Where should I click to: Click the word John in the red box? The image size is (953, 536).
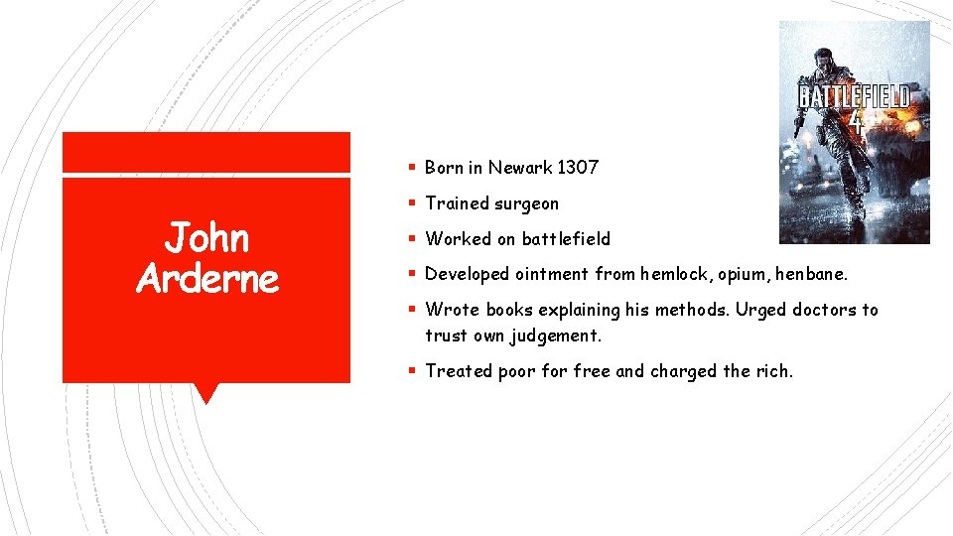click(206, 238)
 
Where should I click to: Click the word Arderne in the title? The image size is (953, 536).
click(206, 279)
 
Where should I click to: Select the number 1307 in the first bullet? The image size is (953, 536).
click(578, 168)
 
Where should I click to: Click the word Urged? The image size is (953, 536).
click(759, 310)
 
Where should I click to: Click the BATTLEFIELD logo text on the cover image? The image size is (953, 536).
click(855, 96)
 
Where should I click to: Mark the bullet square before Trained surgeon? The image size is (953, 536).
click(411, 203)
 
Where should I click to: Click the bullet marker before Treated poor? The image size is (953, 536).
click(411, 371)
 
